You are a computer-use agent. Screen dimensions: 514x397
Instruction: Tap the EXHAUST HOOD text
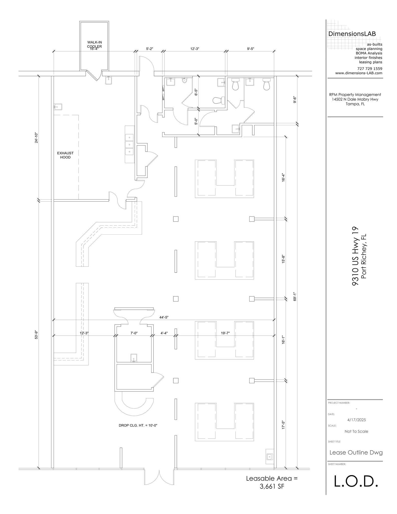click(65, 155)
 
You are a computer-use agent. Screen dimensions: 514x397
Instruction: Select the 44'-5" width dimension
click(164, 317)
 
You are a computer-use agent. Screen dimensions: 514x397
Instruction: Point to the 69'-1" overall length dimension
click(295, 297)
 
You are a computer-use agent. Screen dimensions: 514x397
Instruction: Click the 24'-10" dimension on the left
click(36, 138)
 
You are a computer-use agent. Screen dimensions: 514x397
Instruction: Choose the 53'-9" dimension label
click(36, 335)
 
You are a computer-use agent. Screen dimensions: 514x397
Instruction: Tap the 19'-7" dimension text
click(225, 333)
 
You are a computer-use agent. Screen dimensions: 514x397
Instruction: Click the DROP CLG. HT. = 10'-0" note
click(138, 425)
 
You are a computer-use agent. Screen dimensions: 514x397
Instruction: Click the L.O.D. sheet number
click(356, 481)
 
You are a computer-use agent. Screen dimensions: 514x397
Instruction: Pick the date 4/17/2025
click(356, 420)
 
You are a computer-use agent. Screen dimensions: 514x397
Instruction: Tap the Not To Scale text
click(356, 431)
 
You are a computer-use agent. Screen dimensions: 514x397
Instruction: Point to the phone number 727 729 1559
click(370, 69)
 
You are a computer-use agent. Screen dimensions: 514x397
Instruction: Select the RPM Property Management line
click(355, 95)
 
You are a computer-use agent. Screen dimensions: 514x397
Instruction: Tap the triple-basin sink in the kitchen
click(129, 145)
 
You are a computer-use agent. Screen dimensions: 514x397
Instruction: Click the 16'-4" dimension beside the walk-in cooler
click(94, 49)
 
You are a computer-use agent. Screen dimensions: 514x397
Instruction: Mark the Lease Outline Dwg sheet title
click(356, 453)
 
